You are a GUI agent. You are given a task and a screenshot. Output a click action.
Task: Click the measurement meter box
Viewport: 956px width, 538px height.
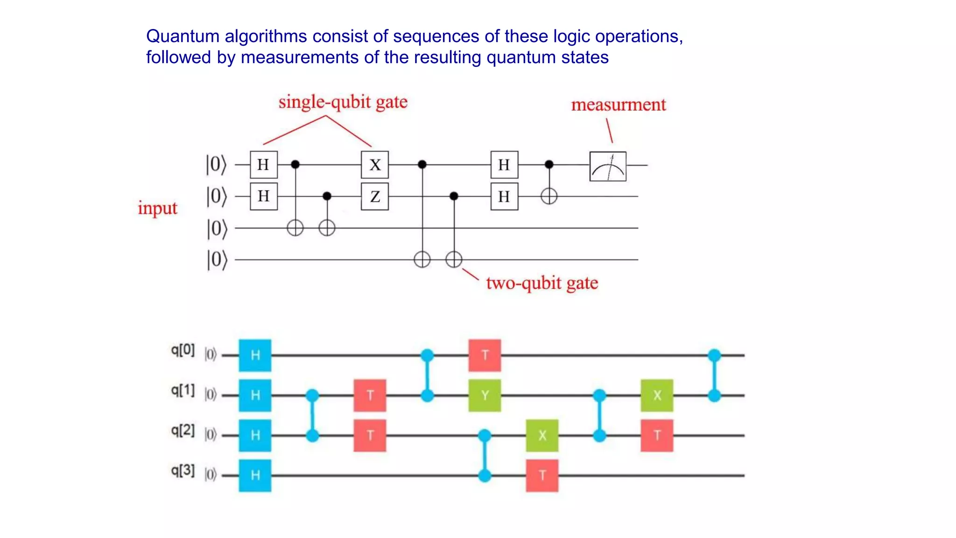(607, 166)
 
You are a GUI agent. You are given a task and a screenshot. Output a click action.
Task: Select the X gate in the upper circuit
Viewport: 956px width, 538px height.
(375, 165)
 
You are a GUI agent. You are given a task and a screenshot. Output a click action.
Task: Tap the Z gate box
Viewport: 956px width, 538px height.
(375, 197)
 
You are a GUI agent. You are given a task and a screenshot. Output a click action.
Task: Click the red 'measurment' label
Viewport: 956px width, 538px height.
(618, 105)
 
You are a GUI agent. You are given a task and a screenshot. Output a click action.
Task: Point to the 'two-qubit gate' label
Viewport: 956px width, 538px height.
(541, 283)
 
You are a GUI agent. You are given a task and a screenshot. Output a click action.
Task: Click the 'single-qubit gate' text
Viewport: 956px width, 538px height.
(343, 102)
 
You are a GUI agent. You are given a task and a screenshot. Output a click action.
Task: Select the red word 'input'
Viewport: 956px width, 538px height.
(157, 208)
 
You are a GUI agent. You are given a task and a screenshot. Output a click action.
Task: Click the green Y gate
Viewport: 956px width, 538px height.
(485, 396)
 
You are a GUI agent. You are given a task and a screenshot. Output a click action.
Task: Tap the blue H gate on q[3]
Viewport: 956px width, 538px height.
(255, 475)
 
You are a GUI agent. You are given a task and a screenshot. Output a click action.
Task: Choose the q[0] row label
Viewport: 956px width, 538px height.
(183, 350)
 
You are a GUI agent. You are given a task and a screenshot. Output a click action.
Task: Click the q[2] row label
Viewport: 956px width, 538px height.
(183, 430)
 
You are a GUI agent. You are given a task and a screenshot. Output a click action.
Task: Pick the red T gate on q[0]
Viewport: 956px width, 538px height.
(485, 355)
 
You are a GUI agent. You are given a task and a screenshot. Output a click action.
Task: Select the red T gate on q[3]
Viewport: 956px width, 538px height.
(542, 475)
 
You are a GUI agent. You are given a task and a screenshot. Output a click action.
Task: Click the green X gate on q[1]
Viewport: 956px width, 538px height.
(657, 396)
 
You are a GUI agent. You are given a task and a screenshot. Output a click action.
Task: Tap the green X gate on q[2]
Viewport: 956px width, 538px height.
(542, 435)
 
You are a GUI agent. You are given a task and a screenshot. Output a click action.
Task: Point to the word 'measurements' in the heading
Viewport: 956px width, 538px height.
(300, 57)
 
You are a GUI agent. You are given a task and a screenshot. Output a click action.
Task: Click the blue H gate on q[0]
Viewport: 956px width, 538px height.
(255, 355)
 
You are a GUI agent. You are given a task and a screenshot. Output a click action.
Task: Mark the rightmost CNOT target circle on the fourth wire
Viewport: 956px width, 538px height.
(454, 259)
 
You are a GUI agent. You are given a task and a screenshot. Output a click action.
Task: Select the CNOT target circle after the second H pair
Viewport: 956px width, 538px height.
(549, 196)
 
